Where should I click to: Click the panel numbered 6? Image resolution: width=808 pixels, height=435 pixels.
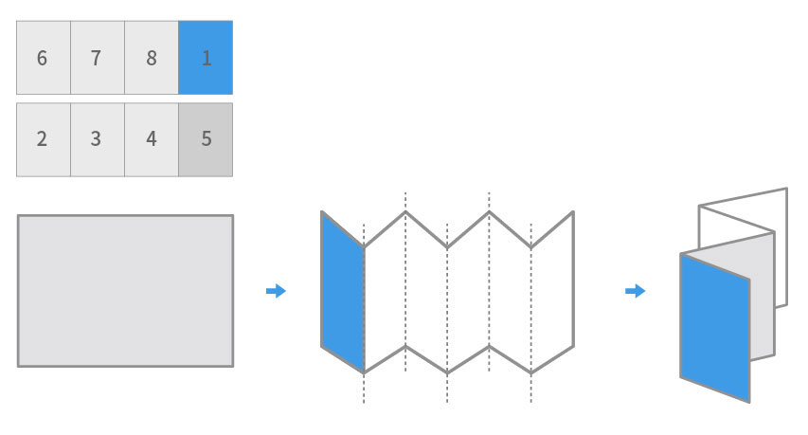point(43,58)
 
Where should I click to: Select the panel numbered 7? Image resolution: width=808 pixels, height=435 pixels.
point(97,58)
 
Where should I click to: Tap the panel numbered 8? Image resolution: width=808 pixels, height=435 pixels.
point(151,58)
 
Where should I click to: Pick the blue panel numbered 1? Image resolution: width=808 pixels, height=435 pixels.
point(206,58)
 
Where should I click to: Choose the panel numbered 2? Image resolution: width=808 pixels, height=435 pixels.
point(43,139)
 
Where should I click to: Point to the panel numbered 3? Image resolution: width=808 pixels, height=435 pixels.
point(97,139)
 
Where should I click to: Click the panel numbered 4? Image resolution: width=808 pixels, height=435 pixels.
point(151,139)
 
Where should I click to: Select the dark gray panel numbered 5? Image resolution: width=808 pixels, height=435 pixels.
point(206,139)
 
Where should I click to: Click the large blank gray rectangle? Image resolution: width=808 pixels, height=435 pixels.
point(125,290)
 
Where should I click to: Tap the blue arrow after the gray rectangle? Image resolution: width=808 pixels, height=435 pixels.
point(276,291)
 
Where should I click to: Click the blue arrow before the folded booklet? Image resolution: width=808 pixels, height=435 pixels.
point(635,291)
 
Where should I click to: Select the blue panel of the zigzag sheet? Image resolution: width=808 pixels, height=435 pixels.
point(343,292)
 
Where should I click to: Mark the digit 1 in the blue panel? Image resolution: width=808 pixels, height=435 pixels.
point(206,58)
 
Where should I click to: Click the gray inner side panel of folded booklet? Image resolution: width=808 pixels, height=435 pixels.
point(762,294)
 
